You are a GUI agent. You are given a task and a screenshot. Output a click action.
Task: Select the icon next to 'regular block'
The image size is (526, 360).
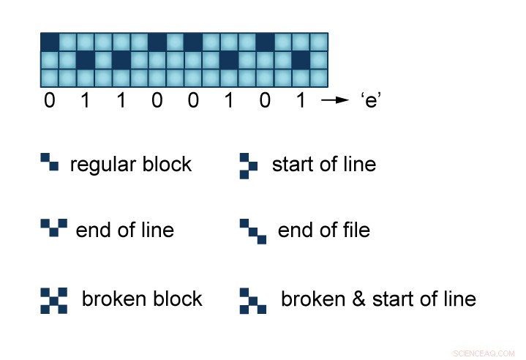point(50,162)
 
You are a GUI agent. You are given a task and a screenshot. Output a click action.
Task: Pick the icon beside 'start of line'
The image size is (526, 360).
point(249,165)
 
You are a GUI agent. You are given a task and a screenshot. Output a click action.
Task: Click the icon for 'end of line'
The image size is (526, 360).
point(53,228)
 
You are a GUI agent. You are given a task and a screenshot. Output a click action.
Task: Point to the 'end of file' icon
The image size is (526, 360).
point(252,231)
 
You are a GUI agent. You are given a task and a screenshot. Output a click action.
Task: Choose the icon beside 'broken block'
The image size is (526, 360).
point(53,300)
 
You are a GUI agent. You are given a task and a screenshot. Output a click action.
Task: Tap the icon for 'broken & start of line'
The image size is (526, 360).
point(252,300)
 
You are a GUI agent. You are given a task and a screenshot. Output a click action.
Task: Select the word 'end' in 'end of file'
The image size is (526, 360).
point(295,231)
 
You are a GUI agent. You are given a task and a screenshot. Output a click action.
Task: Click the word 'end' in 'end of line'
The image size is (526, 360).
point(93,230)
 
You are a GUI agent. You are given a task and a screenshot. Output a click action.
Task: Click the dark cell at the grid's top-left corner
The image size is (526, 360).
point(49,41)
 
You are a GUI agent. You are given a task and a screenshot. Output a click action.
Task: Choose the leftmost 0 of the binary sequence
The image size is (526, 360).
point(49,101)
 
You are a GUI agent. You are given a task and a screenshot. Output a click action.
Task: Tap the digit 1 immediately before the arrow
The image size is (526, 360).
point(299,101)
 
